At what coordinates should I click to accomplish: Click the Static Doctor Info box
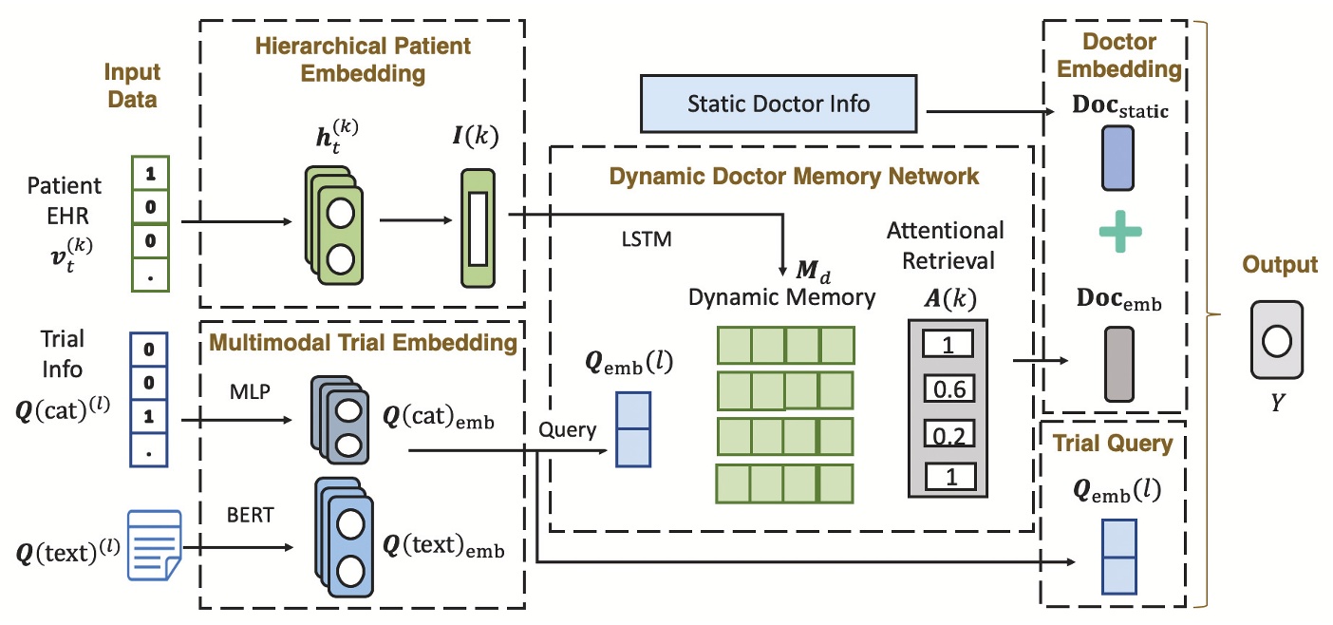click(x=779, y=103)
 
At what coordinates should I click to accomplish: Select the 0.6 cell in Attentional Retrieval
click(x=948, y=388)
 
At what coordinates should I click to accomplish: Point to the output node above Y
click(x=1276, y=339)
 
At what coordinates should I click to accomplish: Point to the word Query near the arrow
click(x=568, y=429)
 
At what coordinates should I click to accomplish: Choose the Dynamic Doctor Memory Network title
click(x=794, y=176)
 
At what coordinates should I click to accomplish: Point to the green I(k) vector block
click(x=478, y=228)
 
